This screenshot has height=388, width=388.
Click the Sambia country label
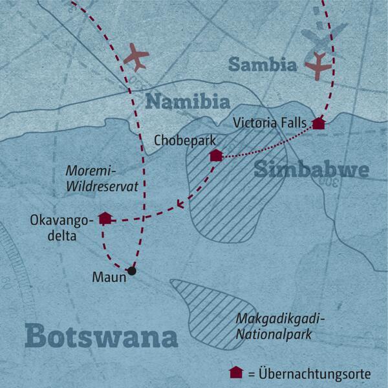pos(262,65)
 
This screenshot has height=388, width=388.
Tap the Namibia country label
pos(187,102)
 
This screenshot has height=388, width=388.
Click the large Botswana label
pos(102,337)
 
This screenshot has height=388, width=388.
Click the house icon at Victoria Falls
pos(318,124)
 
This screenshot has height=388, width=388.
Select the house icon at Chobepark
pos(216,155)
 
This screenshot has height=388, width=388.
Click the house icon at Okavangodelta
pos(104,217)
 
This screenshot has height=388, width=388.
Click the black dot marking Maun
pos(132,271)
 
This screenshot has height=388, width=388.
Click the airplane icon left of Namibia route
pos(136,57)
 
